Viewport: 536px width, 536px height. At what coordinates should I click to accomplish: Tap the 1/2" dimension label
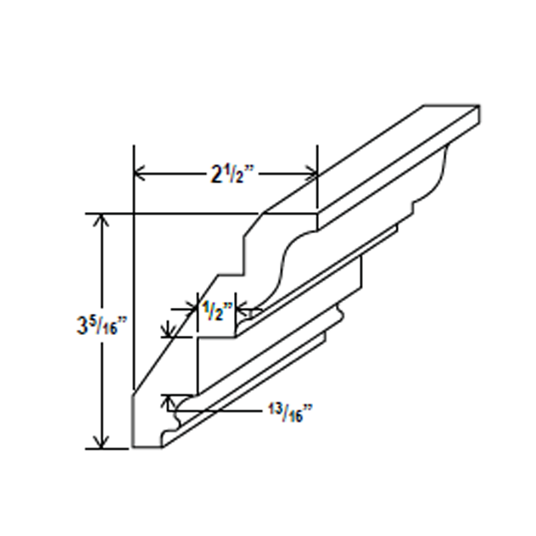click(x=216, y=310)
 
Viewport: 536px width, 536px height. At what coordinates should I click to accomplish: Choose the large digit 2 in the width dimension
click(x=216, y=175)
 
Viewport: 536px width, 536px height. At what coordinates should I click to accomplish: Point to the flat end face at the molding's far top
click(x=452, y=115)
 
